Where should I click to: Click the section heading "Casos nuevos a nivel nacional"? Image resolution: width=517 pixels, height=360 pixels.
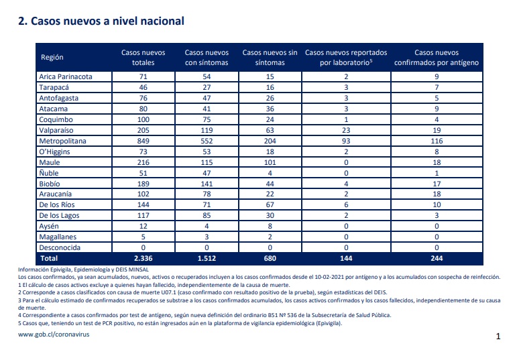[107, 21]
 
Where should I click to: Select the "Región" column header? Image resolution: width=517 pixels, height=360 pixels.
[52, 57]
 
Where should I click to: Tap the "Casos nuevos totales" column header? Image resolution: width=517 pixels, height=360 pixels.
[143, 58]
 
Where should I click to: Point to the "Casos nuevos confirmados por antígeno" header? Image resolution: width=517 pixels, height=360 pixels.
[437, 58]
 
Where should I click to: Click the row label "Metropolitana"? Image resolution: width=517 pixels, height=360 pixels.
[62, 141]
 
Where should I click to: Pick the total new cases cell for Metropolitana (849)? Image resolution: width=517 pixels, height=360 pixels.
[143, 141]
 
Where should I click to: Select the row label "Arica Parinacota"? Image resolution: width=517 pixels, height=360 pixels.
[66, 76]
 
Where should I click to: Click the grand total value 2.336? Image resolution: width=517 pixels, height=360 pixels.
[143, 258]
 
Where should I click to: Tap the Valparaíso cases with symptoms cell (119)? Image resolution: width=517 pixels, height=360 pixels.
[207, 130]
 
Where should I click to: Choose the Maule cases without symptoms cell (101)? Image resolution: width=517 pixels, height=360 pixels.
[270, 162]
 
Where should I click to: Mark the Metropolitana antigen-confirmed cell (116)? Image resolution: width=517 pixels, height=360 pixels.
[437, 141]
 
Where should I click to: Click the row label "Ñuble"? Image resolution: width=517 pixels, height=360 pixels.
[49, 173]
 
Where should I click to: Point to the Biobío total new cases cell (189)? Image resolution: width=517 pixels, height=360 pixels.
[143, 184]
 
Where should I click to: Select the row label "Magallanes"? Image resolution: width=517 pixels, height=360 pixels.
[58, 237]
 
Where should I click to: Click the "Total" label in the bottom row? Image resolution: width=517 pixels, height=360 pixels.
[49, 258]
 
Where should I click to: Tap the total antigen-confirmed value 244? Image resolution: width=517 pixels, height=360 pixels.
[437, 258]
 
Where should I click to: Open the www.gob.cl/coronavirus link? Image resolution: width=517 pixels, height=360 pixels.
[54, 335]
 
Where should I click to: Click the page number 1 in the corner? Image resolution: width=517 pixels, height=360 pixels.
[498, 337]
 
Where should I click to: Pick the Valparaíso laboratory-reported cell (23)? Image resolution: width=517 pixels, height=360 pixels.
[346, 130]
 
